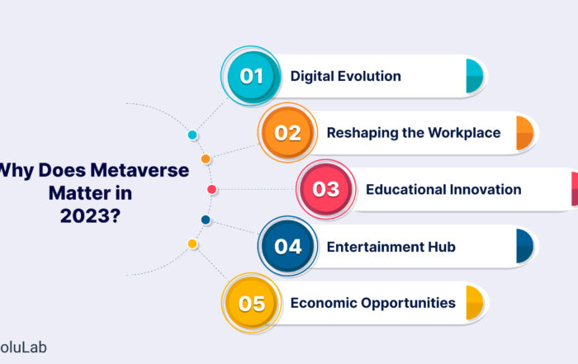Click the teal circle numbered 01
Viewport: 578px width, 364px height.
(x=251, y=76)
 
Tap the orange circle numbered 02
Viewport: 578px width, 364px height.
(x=287, y=133)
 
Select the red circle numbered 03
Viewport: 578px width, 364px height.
(x=325, y=189)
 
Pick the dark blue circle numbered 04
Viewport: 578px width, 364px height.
(x=287, y=246)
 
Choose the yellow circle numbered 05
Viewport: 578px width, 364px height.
(x=251, y=303)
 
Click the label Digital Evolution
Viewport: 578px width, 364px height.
(x=345, y=76)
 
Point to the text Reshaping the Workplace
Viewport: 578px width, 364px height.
(x=414, y=133)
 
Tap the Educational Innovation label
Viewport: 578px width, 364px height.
(x=443, y=189)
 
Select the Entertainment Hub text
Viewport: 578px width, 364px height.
(x=391, y=247)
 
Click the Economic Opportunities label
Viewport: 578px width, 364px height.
(x=373, y=303)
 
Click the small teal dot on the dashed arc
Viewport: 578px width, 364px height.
(x=192, y=135)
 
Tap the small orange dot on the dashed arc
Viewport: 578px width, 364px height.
(x=206, y=158)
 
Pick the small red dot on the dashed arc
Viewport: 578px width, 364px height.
(x=211, y=189)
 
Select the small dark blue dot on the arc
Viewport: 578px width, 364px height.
(x=206, y=220)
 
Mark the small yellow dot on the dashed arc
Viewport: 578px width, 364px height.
(x=192, y=243)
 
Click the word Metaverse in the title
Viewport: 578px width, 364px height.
(x=140, y=170)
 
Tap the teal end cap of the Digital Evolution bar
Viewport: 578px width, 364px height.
(x=475, y=76)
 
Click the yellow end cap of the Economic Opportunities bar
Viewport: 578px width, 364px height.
(x=475, y=303)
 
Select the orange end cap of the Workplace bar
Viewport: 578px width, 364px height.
(x=525, y=133)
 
